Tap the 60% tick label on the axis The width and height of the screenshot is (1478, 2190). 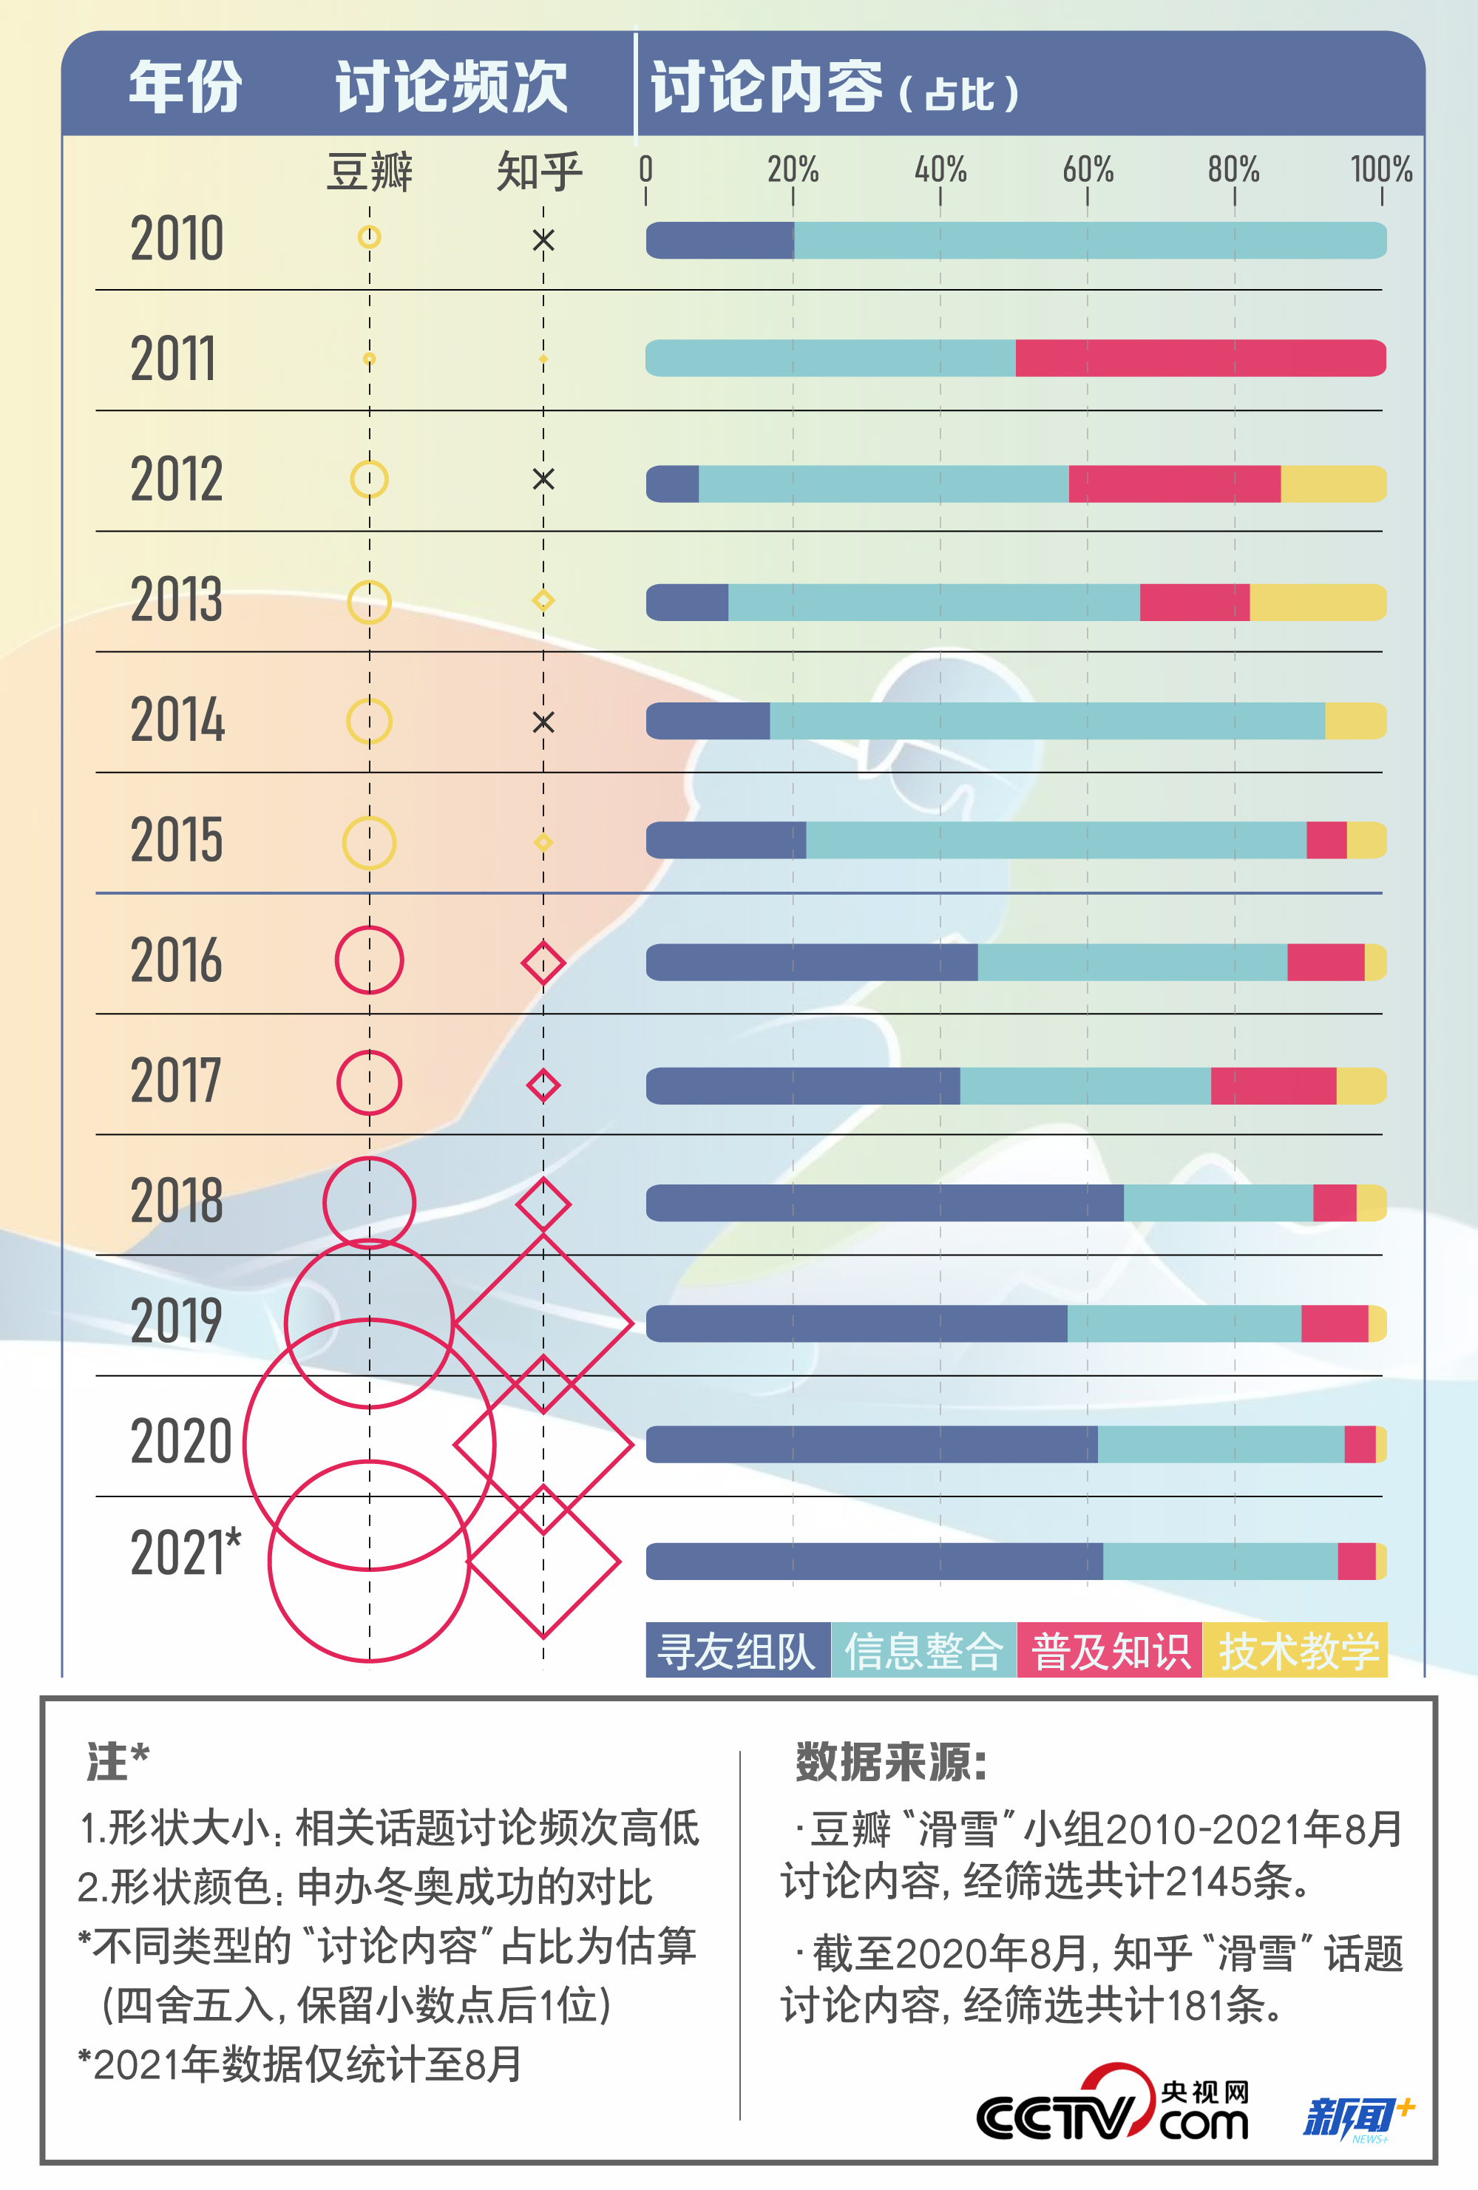(x=1087, y=169)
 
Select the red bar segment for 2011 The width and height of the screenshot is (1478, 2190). (x=1199, y=358)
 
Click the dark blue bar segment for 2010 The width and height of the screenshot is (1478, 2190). (x=720, y=240)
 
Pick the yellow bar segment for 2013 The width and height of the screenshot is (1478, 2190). (x=1317, y=602)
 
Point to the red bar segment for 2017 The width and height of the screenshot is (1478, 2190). (x=1272, y=1085)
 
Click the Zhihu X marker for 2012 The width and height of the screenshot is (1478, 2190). (x=543, y=478)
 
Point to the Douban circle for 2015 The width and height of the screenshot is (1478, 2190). (x=368, y=841)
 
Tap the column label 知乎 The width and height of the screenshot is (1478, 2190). (x=539, y=172)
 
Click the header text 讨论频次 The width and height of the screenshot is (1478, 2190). (x=450, y=87)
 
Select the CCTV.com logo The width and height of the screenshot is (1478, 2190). (x=1112, y=2109)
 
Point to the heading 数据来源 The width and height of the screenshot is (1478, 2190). (x=889, y=1761)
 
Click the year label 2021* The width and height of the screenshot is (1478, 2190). (x=185, y=1551)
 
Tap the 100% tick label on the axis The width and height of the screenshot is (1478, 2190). (x=1381, y=169)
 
